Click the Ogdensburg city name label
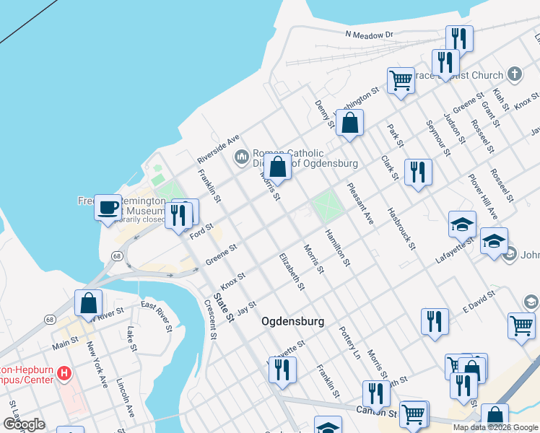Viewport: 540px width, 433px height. pyautogui.click(x=292, y=321)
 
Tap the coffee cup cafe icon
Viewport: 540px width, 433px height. pyautogui.click(x=108, y=207)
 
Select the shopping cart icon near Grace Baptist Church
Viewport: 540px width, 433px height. pyautogui.click(x=401, y=79)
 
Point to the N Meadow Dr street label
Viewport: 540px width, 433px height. pyautogui.click(x=368, y=34)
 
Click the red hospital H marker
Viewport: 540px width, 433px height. pyautogui.click(x=65, y=373)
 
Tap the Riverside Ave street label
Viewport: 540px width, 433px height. pyautogui.click(x=218, y=148)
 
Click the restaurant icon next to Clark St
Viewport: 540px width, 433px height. pyautogui.click(x=418, y=172)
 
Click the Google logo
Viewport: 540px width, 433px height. pyautogui.click(x=24, y=424)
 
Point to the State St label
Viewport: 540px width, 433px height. pyautogui.click(x=224, y=307)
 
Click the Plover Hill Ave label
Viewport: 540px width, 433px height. pyautogui.click(x=483, y=196)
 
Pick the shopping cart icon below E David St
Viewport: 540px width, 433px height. pyautogui.click(x=521, y=325)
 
